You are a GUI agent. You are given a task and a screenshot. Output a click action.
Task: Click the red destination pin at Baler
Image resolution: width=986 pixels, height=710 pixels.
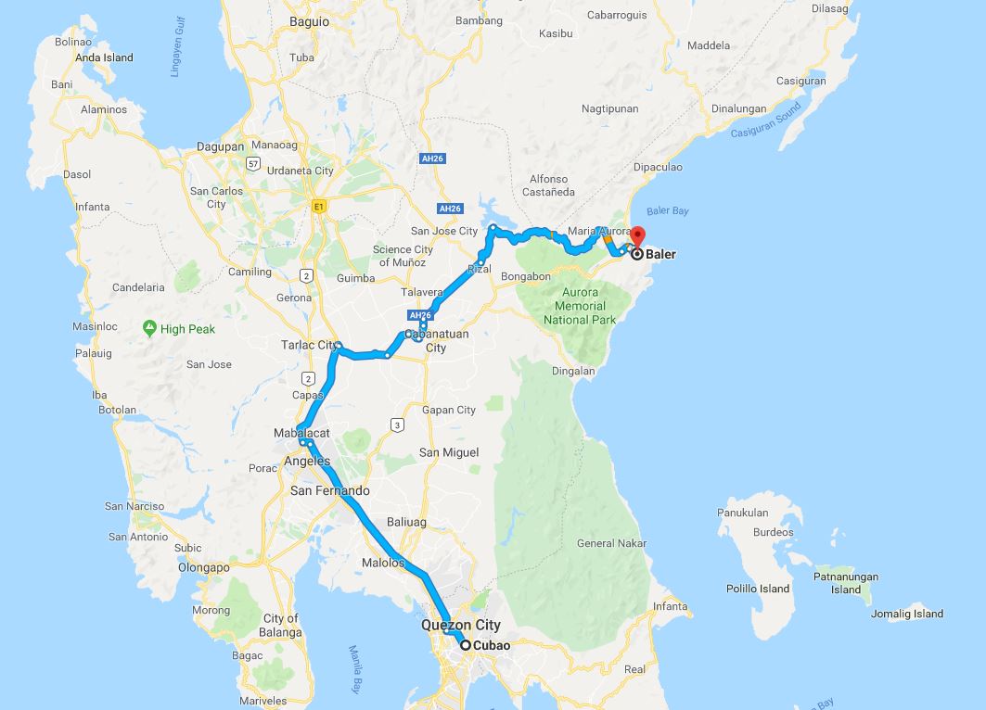pyautogui.click(x=637, y=235)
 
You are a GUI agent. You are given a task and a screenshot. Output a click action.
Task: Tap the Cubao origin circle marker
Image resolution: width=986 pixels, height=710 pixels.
pyautogui.click(x=466, y=646)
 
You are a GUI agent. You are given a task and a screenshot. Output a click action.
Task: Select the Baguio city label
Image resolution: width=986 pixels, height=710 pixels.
pyautogui.click(x=283, y=20)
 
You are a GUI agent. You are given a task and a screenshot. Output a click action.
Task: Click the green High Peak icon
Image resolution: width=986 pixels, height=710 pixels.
pyautogui.click(x=149, y=328)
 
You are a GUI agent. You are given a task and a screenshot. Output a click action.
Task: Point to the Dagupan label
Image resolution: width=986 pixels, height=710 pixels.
pyautogui.click(x=220, y=146)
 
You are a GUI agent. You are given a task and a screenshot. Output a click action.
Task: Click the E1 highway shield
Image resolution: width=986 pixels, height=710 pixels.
pyautogui.click(x=319, y=206)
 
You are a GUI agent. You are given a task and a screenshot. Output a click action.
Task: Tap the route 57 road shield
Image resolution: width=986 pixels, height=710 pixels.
pyautogui.click(x=252, y=163)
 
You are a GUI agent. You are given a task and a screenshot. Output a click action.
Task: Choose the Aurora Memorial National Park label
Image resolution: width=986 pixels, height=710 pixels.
pyautogui.click(x=580, y=306)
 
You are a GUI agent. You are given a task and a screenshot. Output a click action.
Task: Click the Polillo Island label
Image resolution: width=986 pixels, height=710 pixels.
pyautogui.click(x=758, y=589)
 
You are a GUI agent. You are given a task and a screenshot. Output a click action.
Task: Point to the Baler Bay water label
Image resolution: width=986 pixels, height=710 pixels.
pyautogui.click(x=668, y=211)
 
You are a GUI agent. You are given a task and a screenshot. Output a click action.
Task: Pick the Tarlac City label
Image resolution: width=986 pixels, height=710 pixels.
pyautogui.click(x=309, y=346)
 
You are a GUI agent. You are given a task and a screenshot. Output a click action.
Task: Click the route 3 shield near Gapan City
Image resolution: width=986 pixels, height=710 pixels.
pyautogui.click(x=397, y=425)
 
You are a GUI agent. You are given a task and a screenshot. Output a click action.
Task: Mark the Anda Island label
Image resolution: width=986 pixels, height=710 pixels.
pyautogui.click(x=105, y=57)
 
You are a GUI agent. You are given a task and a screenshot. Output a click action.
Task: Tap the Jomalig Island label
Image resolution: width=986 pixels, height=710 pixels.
pyautogui.click(x=906, y=614)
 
